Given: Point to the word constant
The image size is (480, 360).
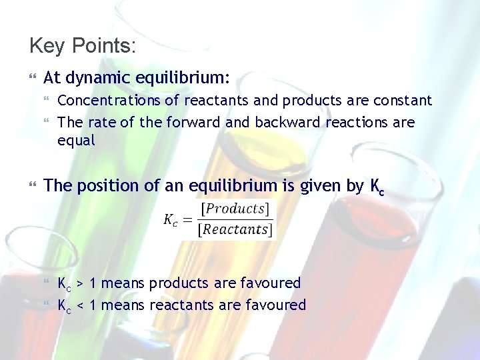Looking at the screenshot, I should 403,101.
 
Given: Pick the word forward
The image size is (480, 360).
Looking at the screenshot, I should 191,123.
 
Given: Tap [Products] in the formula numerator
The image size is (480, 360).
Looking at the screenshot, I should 236,209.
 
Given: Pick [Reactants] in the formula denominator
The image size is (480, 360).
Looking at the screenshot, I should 236,230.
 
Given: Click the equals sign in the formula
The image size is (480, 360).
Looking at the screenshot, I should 189,220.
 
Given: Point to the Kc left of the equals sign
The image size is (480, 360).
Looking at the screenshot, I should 171,220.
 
